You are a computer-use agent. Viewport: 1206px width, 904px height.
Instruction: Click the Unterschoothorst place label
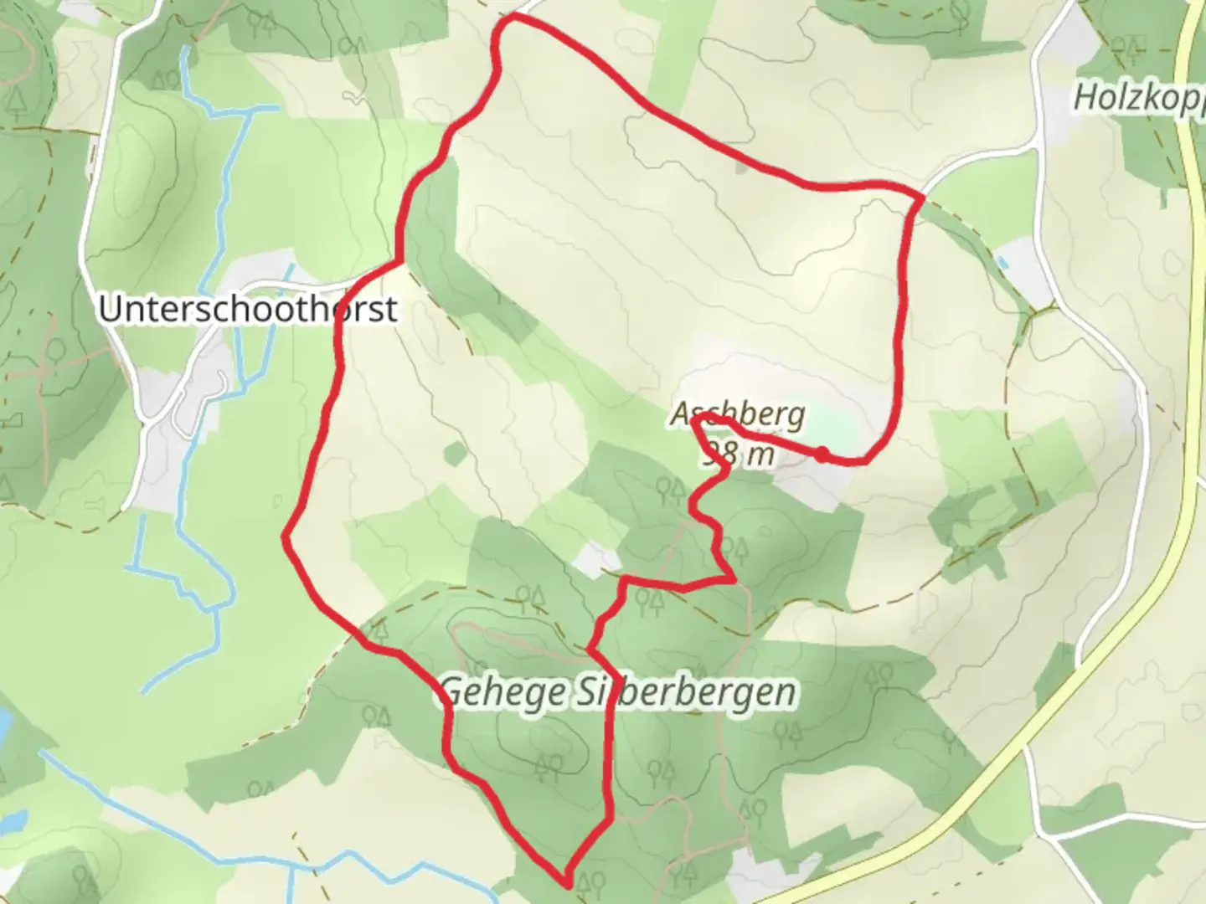tap(248, 309)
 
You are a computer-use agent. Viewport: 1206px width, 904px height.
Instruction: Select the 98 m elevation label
tap(738, 455)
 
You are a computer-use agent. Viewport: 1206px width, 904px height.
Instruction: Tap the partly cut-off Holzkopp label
tap(1139, 98)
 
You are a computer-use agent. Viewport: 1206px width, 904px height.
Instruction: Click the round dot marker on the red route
tap(822, 454)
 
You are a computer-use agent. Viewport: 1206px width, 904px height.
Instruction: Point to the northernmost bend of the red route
tap(511, 18)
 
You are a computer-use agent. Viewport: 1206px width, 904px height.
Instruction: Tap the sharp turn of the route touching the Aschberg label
tap(696, 422)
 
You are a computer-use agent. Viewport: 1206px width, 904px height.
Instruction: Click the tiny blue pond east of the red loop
tap(1004, 262)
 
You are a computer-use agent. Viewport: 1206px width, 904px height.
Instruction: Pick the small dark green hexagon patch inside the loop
tap(454, 454)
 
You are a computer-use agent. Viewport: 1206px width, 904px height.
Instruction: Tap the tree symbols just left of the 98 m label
tap(670, 488)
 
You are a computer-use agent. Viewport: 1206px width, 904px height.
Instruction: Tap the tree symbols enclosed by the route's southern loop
tap(549, 762)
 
